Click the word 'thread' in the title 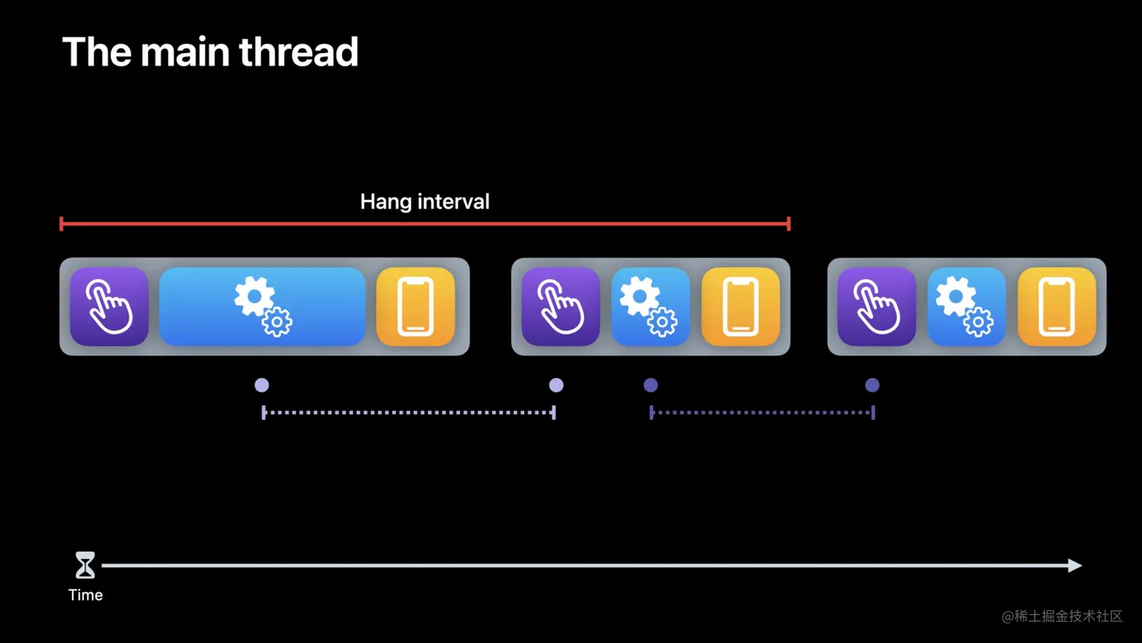(x=298, y=52)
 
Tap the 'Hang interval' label (x=424, y=202)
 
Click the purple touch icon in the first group (x=109, y=307)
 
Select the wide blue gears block (x=262, y=307)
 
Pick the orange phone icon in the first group (x=415, y=307)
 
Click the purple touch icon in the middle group (x=560, y=307)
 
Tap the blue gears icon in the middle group (x=650, y=307)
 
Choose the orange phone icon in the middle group (x=741, y=307)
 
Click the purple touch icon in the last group (x=877, y=307)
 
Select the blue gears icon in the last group (x=967, y=307)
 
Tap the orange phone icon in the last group (x=1057, y=307)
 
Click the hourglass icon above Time (x=85, y=565)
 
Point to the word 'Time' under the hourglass (x=85, y=595)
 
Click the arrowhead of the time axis (x=1075, y=565)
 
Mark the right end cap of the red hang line (x=789, y=224)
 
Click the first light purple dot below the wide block (x=261, y=385)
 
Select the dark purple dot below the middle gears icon (x=650, y=385)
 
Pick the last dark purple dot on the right (x=872, y=385)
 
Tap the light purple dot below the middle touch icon (x=556, y=385)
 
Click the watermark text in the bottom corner (x=1062, y=617)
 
